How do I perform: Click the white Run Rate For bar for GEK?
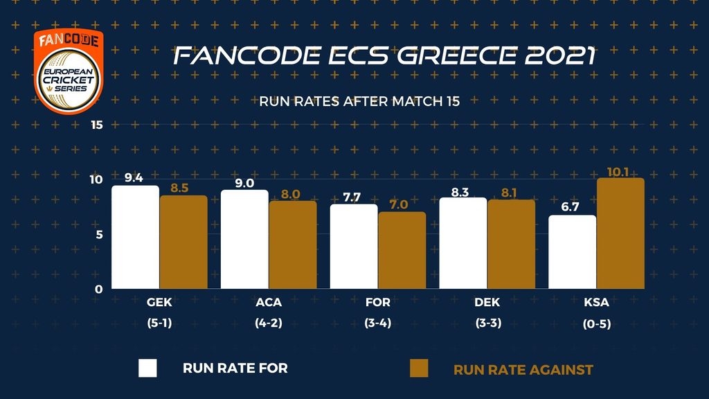(x=135, y=237)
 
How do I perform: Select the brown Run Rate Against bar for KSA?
(x=620, y=233)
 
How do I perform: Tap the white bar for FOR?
(x=353, y=247)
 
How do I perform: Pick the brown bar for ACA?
(x=292, y=245)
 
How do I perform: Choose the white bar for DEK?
(x=463, y=243)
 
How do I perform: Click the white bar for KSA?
(x=572, y=252)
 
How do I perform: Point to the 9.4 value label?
(x=134, y=178)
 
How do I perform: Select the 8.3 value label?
(x=460, y=192)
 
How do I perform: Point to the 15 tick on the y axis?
(x=96, y=125)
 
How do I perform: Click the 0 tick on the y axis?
(x=100, y=290)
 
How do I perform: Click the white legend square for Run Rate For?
(x=147, y=368)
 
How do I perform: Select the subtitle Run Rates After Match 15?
(x=359, y=101)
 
